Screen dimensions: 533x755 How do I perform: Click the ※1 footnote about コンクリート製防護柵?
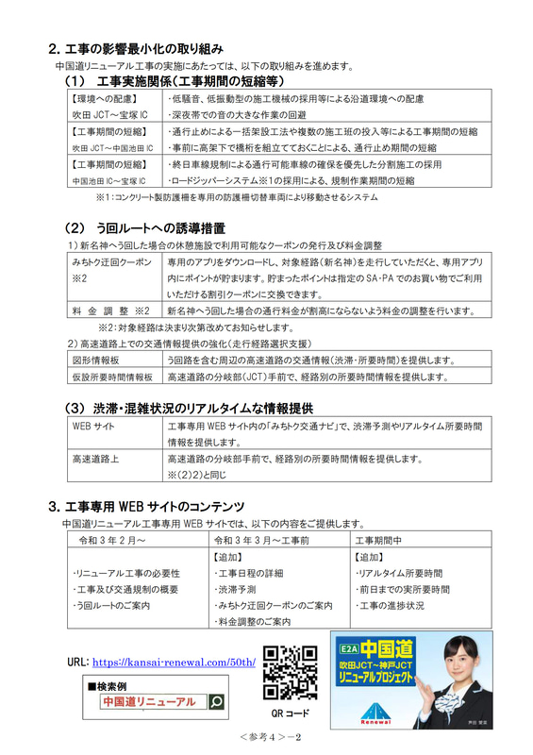(236, 197)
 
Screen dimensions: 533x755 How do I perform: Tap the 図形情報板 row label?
(92, 360)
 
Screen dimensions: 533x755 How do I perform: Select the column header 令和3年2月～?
(112, 539)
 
